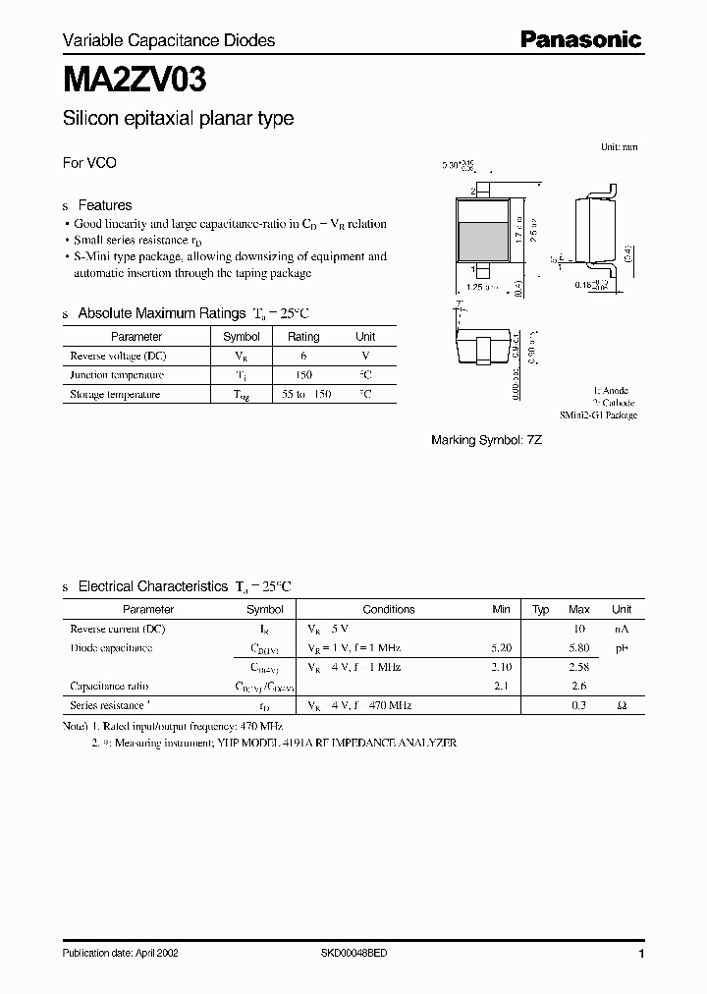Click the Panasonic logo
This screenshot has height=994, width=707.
pyautogui.click(x=580, y=39)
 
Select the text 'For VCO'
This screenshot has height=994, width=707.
pyautogui.click(x=89, y=163)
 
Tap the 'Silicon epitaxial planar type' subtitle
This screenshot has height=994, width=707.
pyautogui.click(x=178, y=119)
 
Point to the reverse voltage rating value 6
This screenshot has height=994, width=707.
pyautogui.click(x=302, y=356)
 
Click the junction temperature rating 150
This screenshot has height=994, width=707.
pyautogui.click(x=302, y=375)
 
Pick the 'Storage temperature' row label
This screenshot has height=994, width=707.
pyautogui.click(x=115, y=395)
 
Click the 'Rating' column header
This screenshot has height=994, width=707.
pyautogui.click(x=302, y=337)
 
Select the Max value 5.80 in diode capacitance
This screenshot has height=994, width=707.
pyautogui.click(x=579, y=648)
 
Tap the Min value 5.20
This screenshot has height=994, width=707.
pyautogui.click(x=501, y=648)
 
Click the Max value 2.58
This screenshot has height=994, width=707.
pyautogui.click(x=579, y=667)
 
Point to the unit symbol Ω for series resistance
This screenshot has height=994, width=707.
pyautogui.click(x=622, y=705)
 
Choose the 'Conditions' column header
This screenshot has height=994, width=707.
pyautogui.click(x=389, y=609)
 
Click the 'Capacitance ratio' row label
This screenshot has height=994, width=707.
pyautogui.click(x=109, y=687)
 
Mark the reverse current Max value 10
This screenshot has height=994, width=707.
pyautogui.click(x=579, y=629)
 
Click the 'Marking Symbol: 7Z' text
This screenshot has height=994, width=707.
pyautogui.click(x=487, y=440)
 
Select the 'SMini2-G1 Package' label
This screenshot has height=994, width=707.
pyautogui.click(x=599, y=415)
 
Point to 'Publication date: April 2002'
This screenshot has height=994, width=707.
pyautogui.click(x=121, y=954)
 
